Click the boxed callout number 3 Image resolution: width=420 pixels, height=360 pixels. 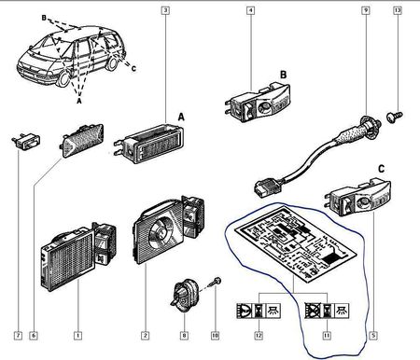[165, 10]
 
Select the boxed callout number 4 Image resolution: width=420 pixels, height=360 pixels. [250, 10]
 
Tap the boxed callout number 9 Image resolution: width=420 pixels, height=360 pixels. [366, 10]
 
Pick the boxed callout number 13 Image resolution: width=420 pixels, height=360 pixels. [398, 10]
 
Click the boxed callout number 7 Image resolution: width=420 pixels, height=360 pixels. [19, 336]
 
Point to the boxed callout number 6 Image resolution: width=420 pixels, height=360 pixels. [34, 336]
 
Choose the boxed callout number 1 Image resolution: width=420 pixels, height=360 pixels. [77, 336]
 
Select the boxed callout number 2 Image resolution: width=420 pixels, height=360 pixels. [145, 336]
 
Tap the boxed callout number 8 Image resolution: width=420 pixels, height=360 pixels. [184, 336]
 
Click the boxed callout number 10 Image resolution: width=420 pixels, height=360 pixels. [215, 336]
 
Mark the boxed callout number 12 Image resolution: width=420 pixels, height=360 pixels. [259, 336]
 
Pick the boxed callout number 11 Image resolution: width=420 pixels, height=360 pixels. [327, 336]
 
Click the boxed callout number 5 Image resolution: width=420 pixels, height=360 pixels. [373, 336]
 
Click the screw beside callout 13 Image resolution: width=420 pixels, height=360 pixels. [394, 117]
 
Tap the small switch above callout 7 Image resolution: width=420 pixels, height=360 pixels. [26, 142]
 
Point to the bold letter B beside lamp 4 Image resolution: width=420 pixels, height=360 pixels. [283, 75]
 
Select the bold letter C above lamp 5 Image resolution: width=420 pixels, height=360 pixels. [381, 169]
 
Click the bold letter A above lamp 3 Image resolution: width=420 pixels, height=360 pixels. [181, 118]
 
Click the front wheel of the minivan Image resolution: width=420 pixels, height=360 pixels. [63, 78]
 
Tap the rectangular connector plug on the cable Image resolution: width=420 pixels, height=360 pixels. [263, 187]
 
